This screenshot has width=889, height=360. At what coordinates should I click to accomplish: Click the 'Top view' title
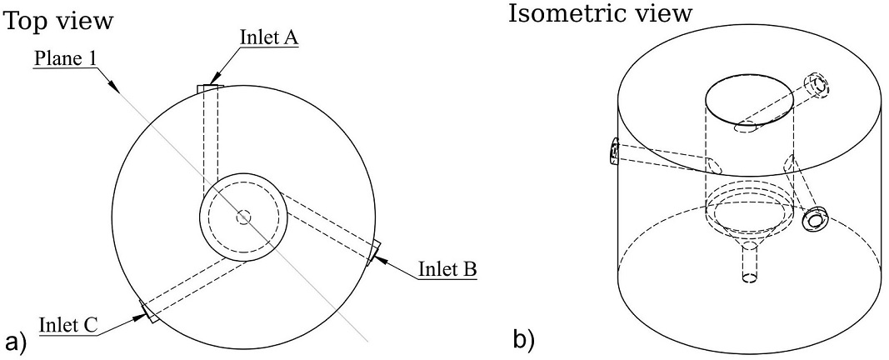pos(59,22)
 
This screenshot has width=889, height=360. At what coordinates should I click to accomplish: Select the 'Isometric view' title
pos(600,13)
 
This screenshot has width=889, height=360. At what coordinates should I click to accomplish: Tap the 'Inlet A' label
pos(269,37)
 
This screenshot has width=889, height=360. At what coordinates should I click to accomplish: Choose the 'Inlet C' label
pos(68,326)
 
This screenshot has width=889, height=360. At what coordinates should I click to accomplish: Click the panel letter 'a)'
pos(15,341)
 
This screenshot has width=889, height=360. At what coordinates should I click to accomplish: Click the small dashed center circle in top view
pos(244,217)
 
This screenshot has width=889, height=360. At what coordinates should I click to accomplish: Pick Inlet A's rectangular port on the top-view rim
pos(210,88)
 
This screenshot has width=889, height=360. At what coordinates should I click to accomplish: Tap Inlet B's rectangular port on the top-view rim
pos(373,252)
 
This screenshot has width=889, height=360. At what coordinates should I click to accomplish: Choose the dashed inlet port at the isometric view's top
pos(817,86)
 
